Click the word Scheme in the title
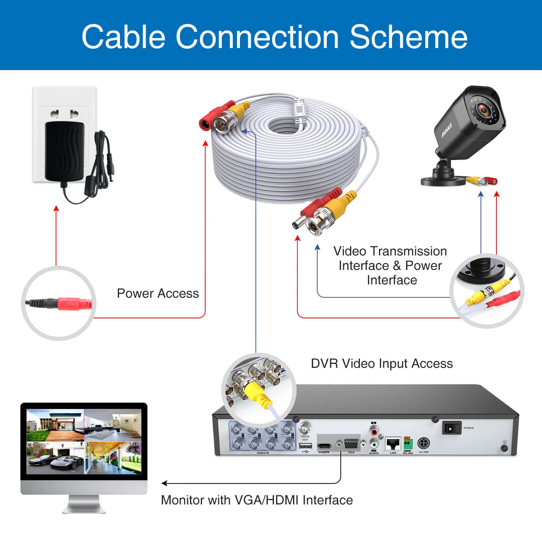(408, 37)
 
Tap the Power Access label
(158, 293)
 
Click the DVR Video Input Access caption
(382, 364)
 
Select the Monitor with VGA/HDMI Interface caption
(257, 500)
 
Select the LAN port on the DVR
(393, 443)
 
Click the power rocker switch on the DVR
(451, 429)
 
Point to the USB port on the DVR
(306, 446)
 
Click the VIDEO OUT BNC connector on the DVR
(305, 429)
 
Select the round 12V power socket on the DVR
(423, 443)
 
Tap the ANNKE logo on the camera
(447, 130)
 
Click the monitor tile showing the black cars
(55, 458)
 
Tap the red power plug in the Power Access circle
(74, 304)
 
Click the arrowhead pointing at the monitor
(164, 483)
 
